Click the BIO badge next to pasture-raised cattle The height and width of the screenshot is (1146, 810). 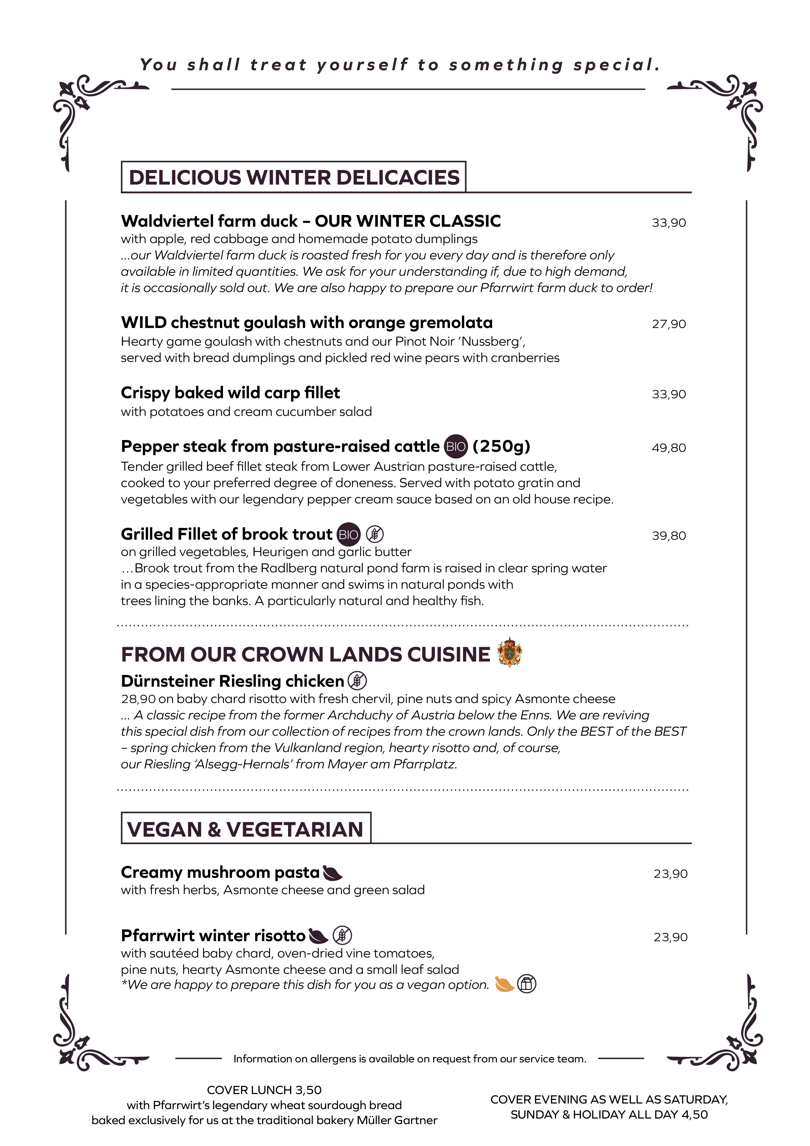455,447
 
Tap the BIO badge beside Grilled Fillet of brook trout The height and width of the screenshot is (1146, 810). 348,534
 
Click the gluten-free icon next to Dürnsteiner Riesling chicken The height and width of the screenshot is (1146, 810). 357,681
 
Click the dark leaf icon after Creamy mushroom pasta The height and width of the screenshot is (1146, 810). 332,873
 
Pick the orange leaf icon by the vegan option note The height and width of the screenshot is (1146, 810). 504,984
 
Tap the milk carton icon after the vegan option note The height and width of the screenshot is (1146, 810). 526,984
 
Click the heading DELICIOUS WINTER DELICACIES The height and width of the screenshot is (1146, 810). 294,178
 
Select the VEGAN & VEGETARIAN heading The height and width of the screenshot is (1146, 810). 246,829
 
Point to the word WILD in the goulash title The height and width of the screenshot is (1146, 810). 144,322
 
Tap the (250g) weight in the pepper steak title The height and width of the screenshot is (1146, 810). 501,446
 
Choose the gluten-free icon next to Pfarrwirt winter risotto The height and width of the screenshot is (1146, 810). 342,935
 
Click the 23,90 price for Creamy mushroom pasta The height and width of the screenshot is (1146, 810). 670,874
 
